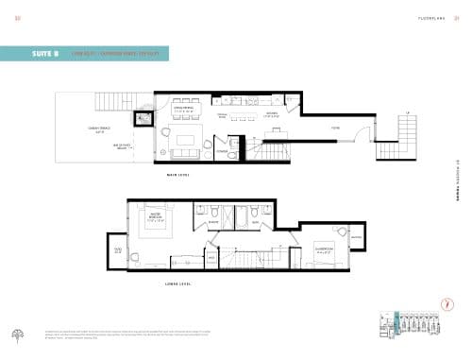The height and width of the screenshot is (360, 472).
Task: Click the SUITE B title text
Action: pos(42,54)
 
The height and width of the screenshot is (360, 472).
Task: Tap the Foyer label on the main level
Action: pos(334,128)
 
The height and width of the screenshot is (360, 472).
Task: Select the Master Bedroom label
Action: pos(157,216)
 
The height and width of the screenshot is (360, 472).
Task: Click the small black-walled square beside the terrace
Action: pos(143,119)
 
